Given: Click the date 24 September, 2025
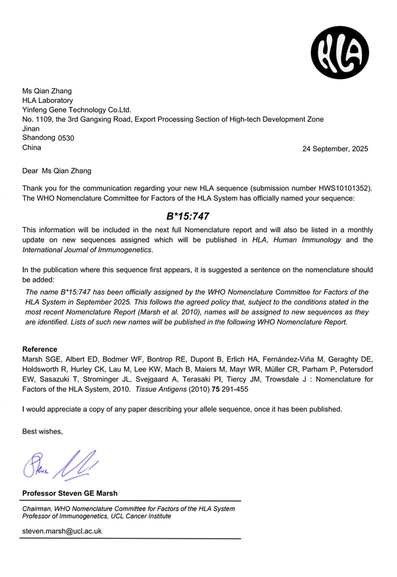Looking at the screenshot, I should pos(335,149).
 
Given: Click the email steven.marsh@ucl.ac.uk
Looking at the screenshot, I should pos(61,530).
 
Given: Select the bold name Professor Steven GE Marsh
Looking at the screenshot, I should pos(70,493).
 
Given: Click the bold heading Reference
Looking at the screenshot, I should pos(39,349).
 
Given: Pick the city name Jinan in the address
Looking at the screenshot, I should pos(31,128).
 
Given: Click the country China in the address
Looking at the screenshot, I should pos(32,147).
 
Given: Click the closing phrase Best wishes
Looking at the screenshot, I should pos(43,431).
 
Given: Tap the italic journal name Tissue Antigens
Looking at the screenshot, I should pos(159,389).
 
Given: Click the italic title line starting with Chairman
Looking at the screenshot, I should pos(128,508).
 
